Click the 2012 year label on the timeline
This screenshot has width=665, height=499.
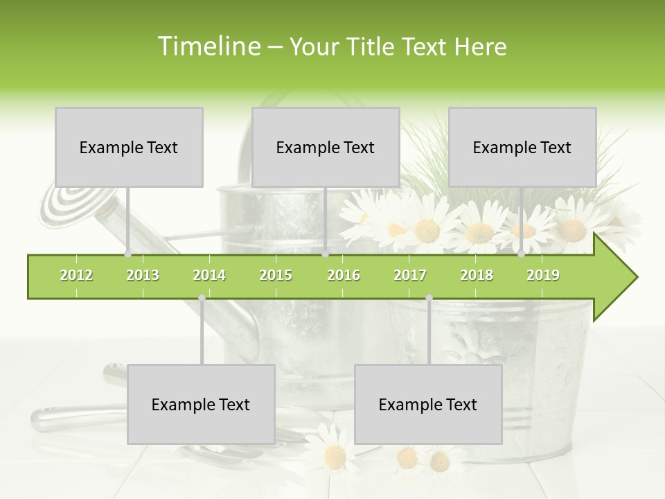pyautogui.click(x=76, y=275)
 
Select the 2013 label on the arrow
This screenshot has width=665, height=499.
pyautogui.click(x=143, y=275)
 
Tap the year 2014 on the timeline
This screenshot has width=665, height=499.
pyautogui.click(x=209, y=275)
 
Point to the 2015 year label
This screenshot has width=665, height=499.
pyautogui.click(x=276, y=275)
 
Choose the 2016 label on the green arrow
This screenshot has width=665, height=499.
pyautogui.click(x=344, y=275)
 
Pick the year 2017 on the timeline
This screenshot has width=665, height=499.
pyautogui.click(x=410, y=275)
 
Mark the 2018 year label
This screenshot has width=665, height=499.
pyautogui.click(x=477, y=275)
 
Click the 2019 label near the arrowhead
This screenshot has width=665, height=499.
pyautogui.click(x=543, y=275)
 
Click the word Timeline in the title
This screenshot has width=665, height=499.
pyautogui.click(x=209, y=46)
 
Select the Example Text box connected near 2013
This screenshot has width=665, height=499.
pyautogui.click(x=129, y=147)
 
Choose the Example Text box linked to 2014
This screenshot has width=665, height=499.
pyautogui.click(x=201, y=404)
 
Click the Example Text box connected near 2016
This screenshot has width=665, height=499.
pyautogui.click(x=326, y=147)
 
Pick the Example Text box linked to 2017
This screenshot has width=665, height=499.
pyautogui.click(x=428, y=404)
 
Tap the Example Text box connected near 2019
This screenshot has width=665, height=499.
pyautogui.click(x=522, y=147)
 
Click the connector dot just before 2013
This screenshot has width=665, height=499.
pyautogui.click(x=128, y=254)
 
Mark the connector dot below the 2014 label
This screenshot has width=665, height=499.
pyautogui.click(x=202, y=298)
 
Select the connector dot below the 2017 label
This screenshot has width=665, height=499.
pyautogui.click(x=429, y=298)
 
